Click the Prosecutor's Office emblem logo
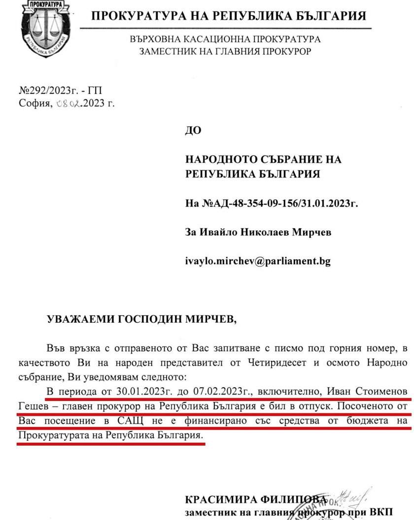click(x=44, y=29)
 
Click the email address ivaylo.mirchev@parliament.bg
click(x=258, y=261)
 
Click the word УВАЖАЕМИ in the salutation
click(x=81, y=319)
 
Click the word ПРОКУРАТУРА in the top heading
click(x=139, y=16)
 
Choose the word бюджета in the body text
click(x=368, y=421)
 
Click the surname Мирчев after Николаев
click(x=313, y=232)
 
